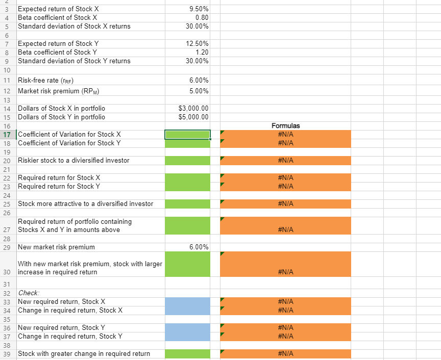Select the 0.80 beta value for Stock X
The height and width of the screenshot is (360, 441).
click(x=201, y=17)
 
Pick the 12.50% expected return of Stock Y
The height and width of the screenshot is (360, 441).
click(x=197, y=43)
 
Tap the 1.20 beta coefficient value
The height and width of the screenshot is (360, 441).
click(x=201, y=52)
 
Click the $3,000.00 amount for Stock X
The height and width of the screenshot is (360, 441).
click(x=192, y=108)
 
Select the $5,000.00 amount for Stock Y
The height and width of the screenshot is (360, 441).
click(x=192, y=117)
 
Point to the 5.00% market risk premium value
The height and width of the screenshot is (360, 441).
click(x=198, y=91)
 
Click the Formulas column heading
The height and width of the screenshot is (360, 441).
click(x=285, y=125)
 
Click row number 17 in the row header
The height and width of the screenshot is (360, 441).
click(x=7, y=134)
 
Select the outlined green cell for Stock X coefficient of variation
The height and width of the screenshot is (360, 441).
click(x=187, y=134)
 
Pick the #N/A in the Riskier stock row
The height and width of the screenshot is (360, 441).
click(x=285, y=160)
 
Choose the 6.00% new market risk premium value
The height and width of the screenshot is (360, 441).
click(x=198, y=247)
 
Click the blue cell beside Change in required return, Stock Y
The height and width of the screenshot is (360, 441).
click(x=187, y=336)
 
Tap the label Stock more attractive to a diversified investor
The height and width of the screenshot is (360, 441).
click(x=85, y=203)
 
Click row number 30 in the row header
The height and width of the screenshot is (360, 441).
click(x=7, y=272)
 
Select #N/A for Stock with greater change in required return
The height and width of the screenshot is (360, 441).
click(x=285, y=353)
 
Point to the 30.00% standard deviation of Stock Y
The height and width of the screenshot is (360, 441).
click(x=197, y=61)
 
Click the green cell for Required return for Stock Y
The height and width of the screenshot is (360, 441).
click(x=187, y=186)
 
